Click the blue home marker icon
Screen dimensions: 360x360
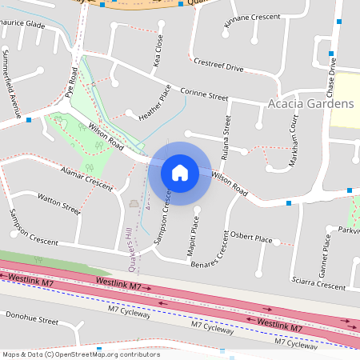[180, 172]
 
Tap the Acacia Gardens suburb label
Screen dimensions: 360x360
[311, 105]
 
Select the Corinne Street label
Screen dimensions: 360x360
[204, 94]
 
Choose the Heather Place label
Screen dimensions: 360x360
[155, 108]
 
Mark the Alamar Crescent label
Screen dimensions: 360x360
[87, 177]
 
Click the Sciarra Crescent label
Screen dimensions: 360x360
[319, 281]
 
